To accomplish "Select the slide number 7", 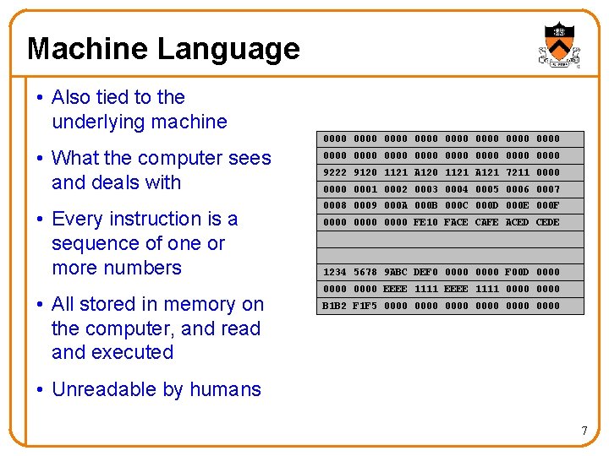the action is (x=584, y=432).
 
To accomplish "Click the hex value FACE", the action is (x=456, y=222).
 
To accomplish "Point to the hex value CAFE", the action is (x=486, y=222).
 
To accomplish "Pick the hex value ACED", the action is (x=517, y=222).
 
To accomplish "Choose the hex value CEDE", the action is (x=548, y=222).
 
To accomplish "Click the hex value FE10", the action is (x=425, y=222).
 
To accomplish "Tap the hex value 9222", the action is (x=335, y=172).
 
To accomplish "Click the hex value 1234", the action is (x=335, y=272).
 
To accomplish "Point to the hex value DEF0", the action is (x=425, y=272).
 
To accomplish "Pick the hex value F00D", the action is (x=517, y=272).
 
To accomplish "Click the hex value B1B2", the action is (x=335, y=306).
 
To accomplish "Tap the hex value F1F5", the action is (x=365, y=306).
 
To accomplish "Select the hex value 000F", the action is (x=548, y=205).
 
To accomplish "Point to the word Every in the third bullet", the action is (x=78, y=219).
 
